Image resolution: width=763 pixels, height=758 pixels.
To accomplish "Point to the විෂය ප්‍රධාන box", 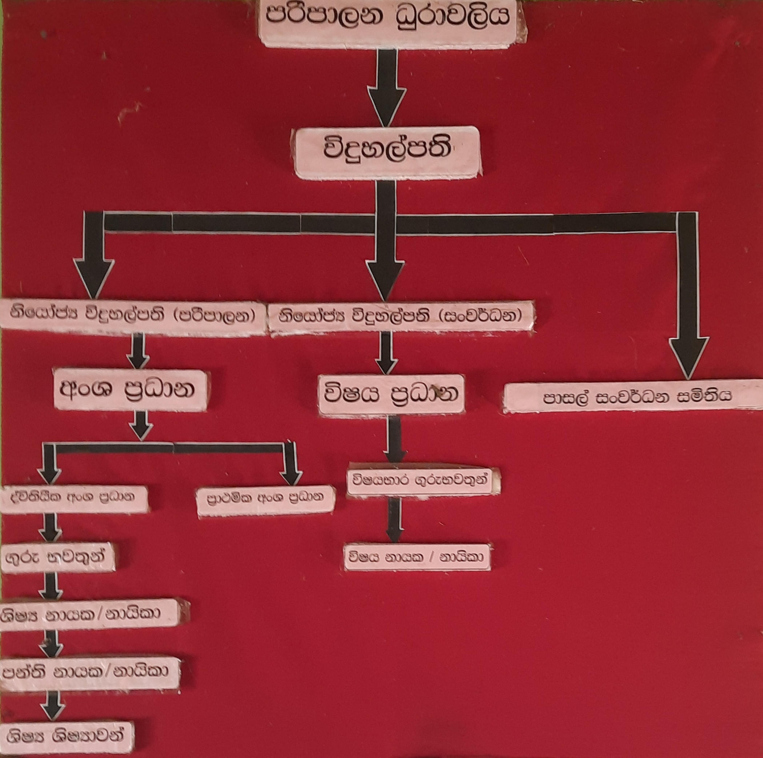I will pyautogui.click(x=390, y=394).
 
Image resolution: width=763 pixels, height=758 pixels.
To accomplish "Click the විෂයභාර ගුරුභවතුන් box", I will pyautogui.click(x=423, y=481).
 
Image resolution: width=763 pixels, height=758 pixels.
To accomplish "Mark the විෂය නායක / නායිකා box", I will pyautogui.click(x=416, y=557).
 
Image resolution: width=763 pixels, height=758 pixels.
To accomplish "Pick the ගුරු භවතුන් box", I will pyautogui.click(x=58, y=557).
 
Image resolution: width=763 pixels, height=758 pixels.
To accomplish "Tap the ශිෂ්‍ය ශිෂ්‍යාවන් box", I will pyautogui.click(x=67, y=735).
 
